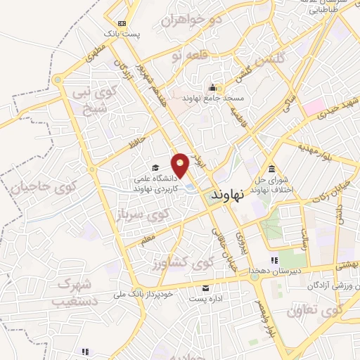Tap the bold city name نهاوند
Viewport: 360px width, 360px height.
tap(230, 193)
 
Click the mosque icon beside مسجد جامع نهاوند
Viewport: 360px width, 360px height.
tap(212, 88)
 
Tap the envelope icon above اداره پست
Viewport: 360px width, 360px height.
tap(205, 288)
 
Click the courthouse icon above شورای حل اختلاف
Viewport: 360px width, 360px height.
tap(271, 168)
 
